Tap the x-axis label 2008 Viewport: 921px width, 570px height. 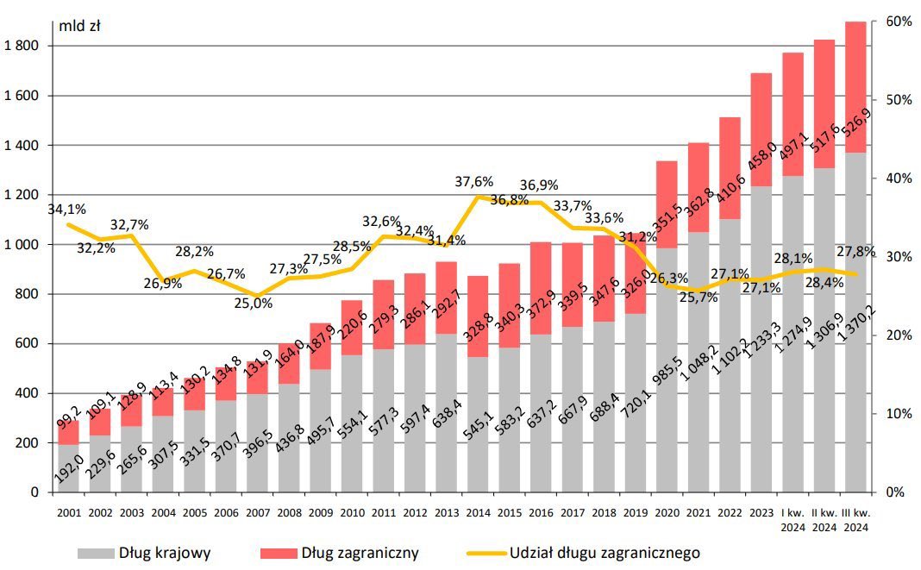coord(289,511)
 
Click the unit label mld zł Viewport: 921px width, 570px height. coord(80,26)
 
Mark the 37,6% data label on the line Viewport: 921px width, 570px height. coord(474,182)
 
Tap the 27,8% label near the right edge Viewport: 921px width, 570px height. coord(856,252)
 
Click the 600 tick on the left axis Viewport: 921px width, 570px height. coord(29,344)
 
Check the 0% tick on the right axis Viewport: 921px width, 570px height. coord(893,492)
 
